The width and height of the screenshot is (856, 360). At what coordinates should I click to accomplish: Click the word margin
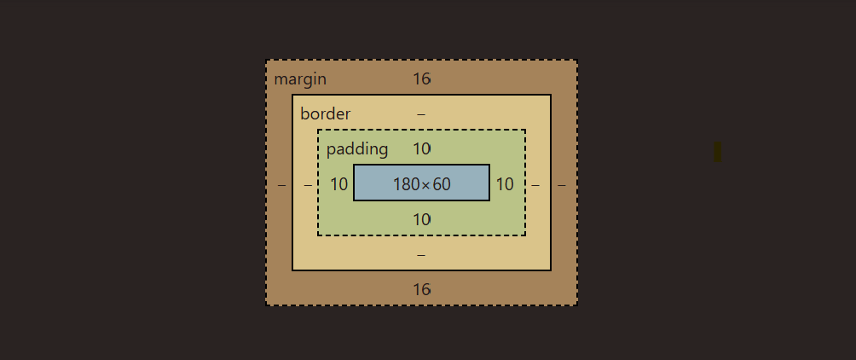coord(300,79)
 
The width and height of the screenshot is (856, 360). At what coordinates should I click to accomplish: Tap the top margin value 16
coord(422,79)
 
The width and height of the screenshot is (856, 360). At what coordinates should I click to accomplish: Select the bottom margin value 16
coord(422,289)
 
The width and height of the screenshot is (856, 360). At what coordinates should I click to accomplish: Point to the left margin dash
coord(281,184)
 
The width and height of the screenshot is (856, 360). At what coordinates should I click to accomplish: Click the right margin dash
coord(562,184)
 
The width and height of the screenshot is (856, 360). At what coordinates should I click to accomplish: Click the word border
coord(325,114)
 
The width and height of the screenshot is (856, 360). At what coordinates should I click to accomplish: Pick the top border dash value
coord(421,114)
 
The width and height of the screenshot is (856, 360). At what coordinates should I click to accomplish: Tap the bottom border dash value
coord(421,254)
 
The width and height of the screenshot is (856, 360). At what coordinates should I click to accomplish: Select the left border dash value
coord(308,184)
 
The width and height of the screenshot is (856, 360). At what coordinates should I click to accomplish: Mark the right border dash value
coord(535,184)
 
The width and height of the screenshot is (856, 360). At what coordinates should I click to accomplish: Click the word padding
coord(357,149)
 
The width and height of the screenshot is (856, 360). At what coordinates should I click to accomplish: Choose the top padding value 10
coord(422,149)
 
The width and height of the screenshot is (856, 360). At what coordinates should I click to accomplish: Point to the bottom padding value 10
coord(422,219)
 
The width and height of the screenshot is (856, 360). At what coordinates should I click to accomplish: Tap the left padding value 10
coord(339,184)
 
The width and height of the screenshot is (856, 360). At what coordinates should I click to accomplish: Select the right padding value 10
coord(505,184)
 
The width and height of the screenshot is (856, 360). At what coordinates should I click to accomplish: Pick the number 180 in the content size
coord(406,184)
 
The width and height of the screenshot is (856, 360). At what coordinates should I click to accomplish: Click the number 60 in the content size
coord(441,184)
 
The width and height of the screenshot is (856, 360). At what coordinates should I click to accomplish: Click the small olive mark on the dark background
coord(717,151)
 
